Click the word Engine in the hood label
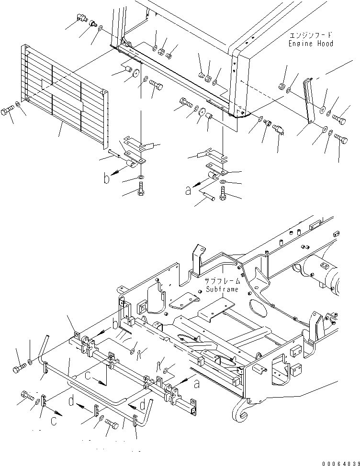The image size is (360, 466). click(x=301, y=44)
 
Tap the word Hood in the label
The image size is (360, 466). click(x=325, y=44)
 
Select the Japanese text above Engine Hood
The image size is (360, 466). click(x=311, y=35)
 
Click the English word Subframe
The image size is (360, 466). click(x=222, y=289)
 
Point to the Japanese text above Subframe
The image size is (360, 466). click(x=222, y=281)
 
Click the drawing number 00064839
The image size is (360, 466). click(x=341, y=463)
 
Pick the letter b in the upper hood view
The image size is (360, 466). click(x=106, y=179)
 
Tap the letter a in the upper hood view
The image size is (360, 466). click(x=188, y=191)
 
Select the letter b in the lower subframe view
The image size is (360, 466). click(x=115, y=324)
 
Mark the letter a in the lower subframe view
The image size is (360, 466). click(x=196, y=384)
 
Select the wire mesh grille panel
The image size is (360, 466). click(x=64, y=97)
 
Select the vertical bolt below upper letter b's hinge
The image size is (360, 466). click(x=141, y=189)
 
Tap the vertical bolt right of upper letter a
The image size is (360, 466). click(x=223, y=193)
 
